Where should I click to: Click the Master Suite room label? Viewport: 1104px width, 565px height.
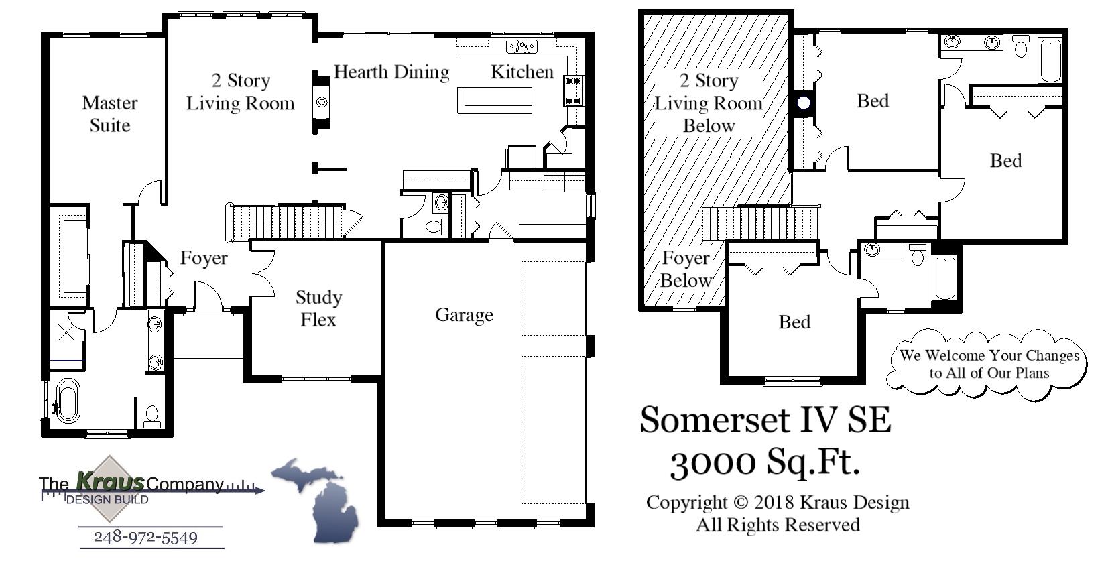click(x=110, y=114)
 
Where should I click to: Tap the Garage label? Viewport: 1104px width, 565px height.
click(x=464, y=315)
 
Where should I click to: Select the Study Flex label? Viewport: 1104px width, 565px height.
click(x=318, y=308)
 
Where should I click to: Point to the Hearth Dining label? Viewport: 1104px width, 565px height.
click(x=391, y=72)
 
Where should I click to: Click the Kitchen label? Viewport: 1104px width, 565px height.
click(x=522, y=72)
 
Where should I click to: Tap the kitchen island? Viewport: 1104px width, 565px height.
click(x=495, y=101)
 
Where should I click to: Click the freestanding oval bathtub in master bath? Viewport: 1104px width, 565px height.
click(x=67, y=401)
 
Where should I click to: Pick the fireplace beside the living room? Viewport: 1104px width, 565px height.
click(x=322, y=102)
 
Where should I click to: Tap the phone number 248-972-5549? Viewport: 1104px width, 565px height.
click(x=145, y=538)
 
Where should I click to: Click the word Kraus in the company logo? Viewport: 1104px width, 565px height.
click(x=111, y=481)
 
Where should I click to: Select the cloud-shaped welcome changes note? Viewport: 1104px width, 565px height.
click(x=989, y=364)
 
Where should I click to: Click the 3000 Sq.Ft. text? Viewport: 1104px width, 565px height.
click(x=764, y=462)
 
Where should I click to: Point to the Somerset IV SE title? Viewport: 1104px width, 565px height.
click(x=765, y=420)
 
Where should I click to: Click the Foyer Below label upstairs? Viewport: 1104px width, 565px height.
click(x=685, y=269)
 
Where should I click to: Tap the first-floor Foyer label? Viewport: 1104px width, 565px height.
click(x=204, y=259)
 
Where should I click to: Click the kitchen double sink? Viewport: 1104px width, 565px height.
click(x=522, y=47)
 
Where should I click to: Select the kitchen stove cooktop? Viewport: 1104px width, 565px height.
click(x=574, y=90)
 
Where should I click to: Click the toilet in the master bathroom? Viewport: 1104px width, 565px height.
click(x=152, y=416)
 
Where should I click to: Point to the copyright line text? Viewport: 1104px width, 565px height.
click(x=778, y=503)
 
